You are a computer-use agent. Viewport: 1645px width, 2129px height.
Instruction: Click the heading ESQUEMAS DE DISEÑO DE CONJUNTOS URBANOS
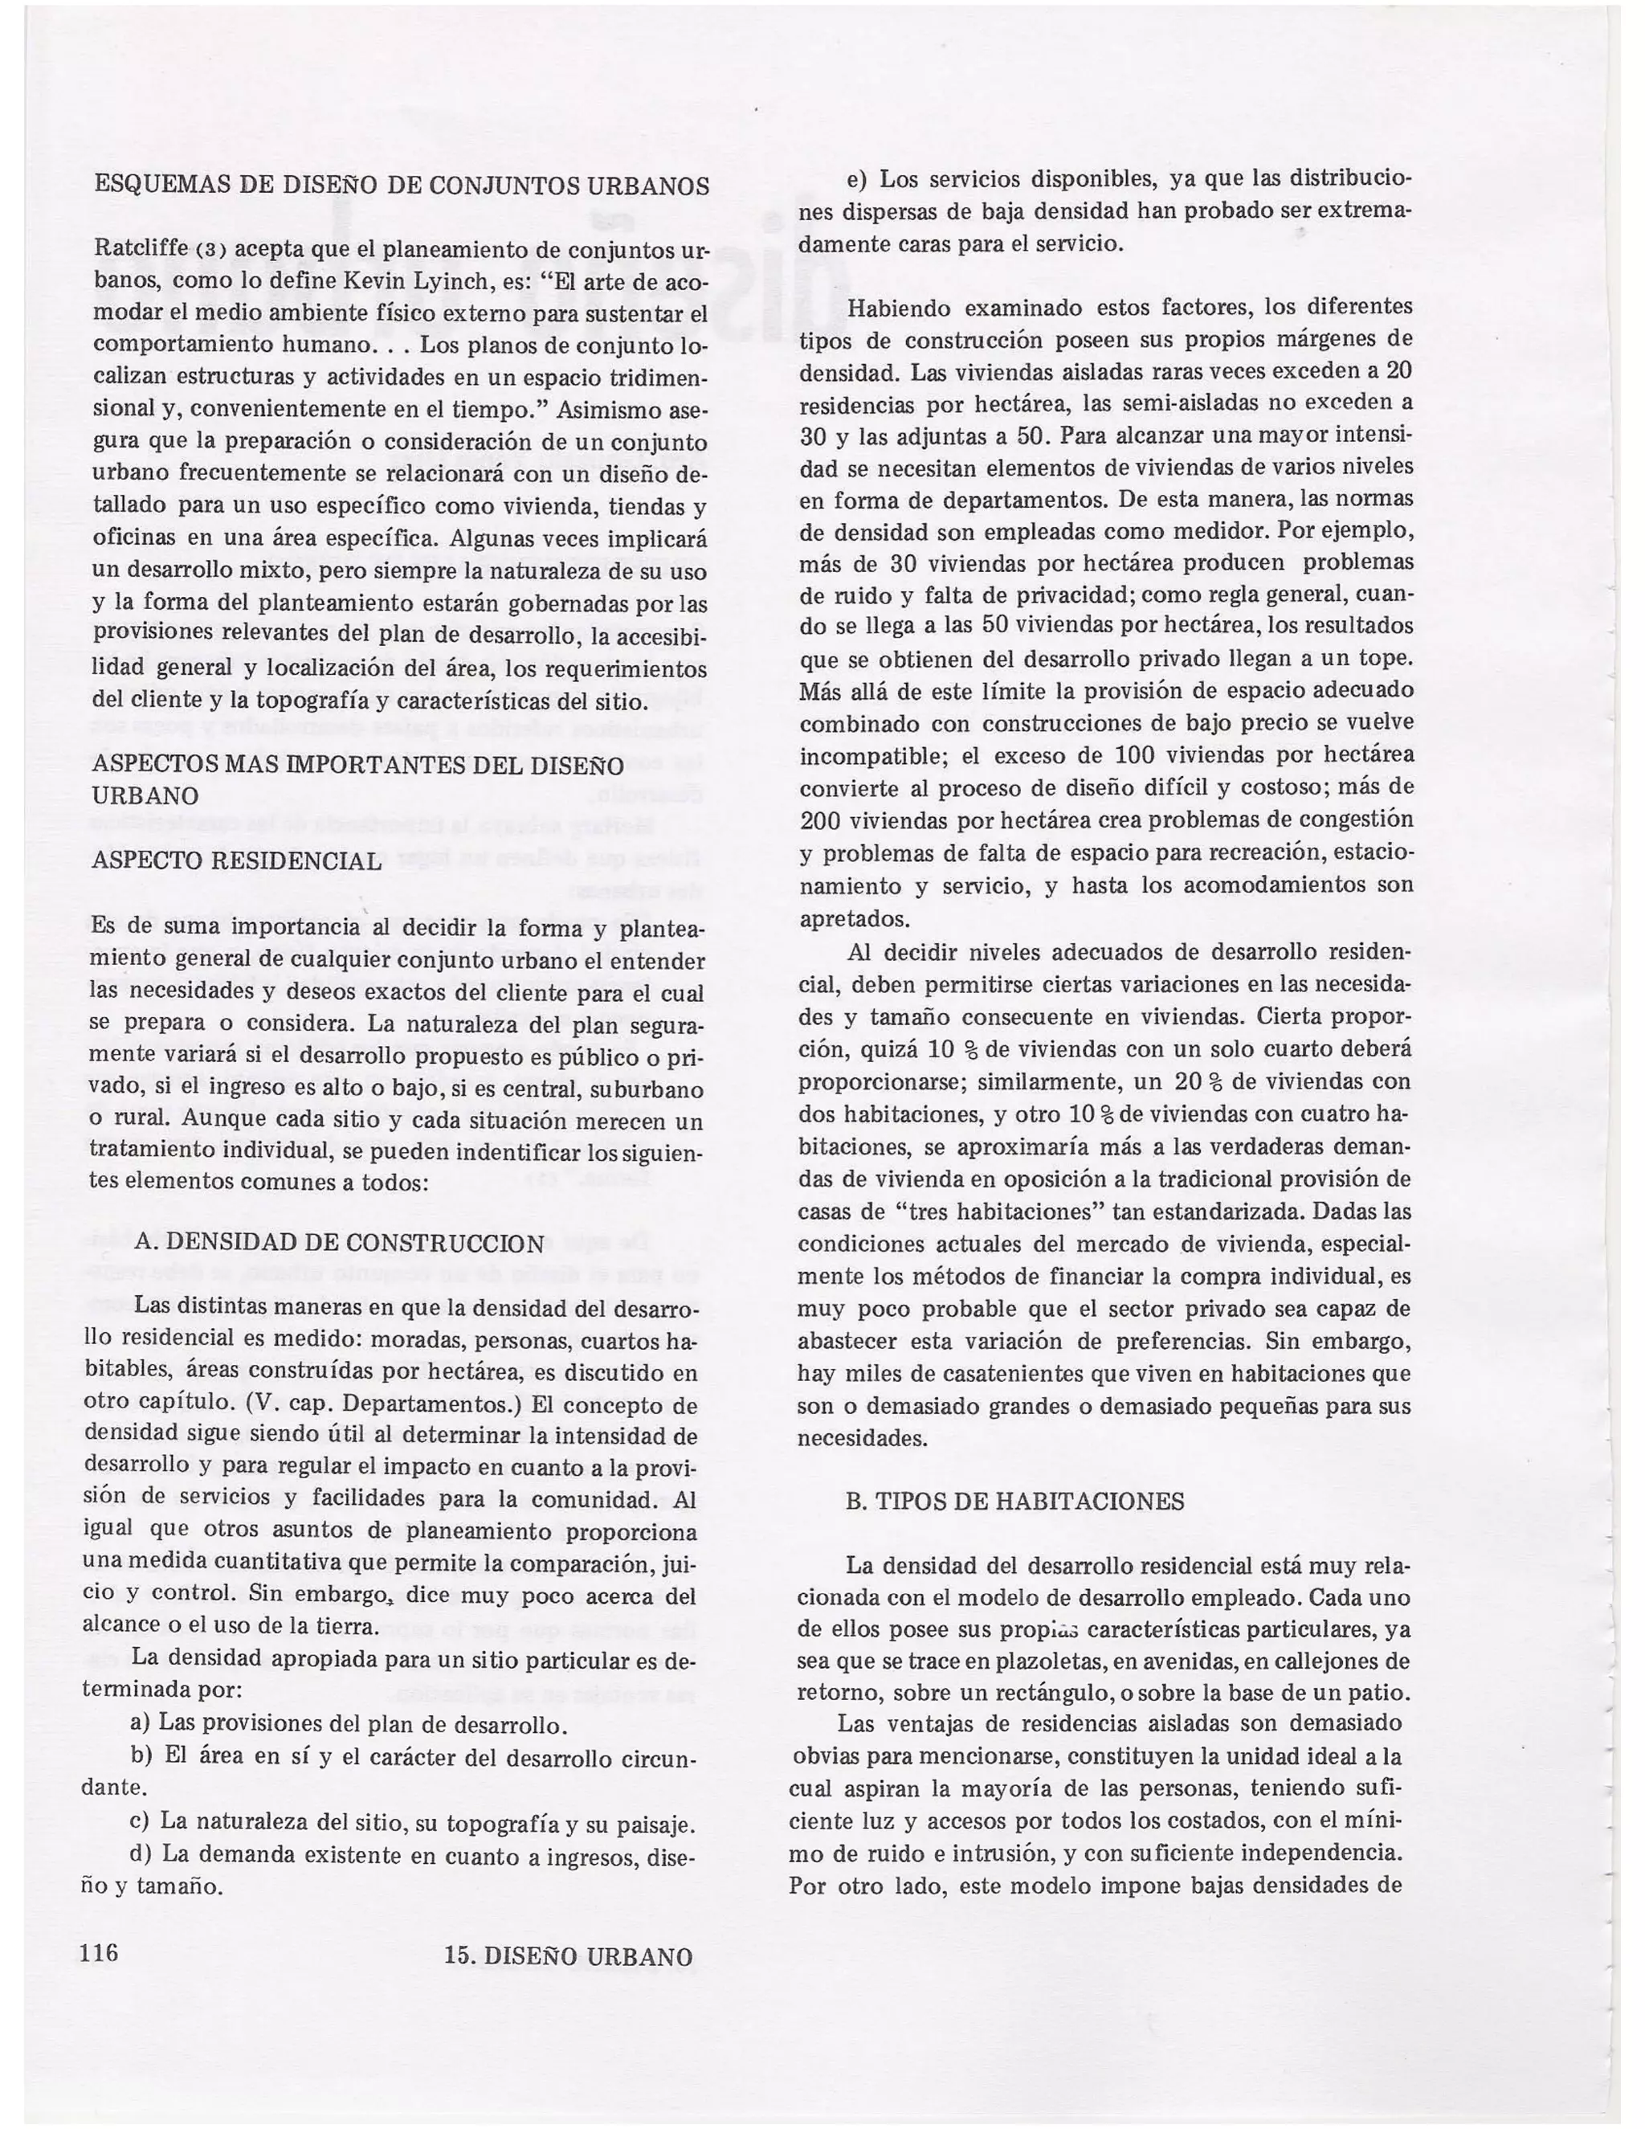point(401,186)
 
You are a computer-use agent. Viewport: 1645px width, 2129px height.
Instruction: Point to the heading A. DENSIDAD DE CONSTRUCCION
point(340,1243)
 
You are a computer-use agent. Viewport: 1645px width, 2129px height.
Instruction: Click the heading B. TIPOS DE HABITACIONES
point(1014,1502)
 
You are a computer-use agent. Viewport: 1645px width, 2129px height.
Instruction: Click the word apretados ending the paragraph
point(853,918)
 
